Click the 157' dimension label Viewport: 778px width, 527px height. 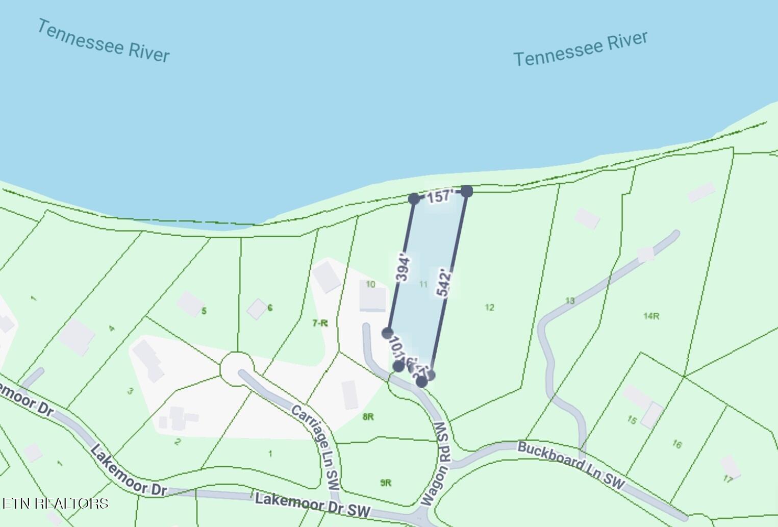coord(440,196)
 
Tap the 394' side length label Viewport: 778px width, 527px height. coord(403,266)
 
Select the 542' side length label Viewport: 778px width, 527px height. coord(444,283)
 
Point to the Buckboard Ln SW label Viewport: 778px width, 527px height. coord(571,464)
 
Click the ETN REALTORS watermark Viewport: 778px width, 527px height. coord(55,504)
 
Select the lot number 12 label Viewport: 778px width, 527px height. coord(489,307)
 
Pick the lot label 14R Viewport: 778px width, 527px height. coord(651,316)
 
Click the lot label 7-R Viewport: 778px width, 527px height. coord(320,322)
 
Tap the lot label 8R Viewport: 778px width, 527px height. coord(368,417)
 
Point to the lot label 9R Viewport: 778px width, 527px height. coord(386,483)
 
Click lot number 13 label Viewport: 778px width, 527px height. coord(570,300)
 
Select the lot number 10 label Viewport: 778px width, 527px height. coord(370,284)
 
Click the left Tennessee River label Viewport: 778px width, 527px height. coord(103,41)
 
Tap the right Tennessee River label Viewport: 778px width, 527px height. coord(580,49)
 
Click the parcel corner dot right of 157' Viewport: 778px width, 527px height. coord(467,191)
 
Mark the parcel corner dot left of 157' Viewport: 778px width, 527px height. coord(414,198)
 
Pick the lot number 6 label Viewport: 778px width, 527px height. coord(270,308)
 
